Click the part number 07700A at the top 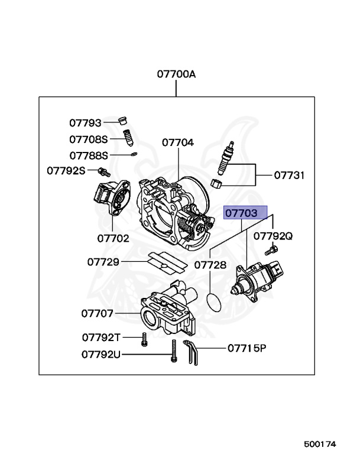[176, 74]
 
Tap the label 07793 [86, 123]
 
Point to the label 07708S [89, 140]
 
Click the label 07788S [89, 155]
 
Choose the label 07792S [66, 171]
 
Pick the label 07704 [177, 142]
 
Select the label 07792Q [273, 236]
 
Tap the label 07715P [247, 348]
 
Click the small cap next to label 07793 [124, 122]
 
